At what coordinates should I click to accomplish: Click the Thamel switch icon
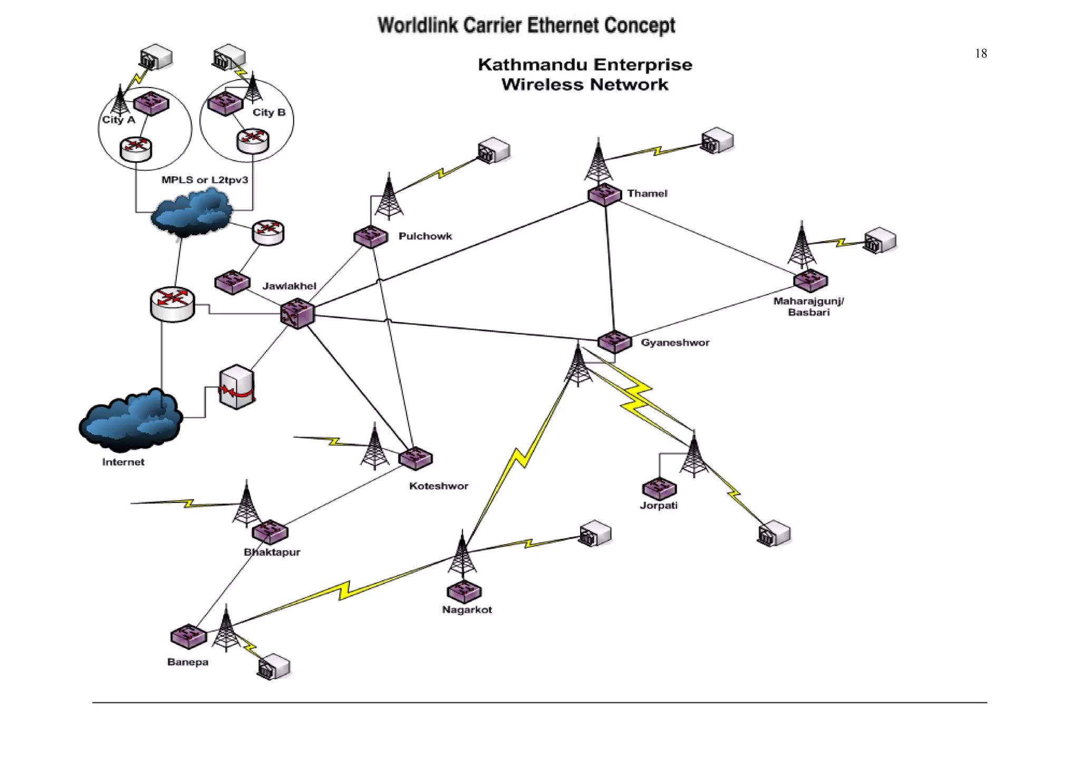(604, 195)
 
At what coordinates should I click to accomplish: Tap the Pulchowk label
(425, 236)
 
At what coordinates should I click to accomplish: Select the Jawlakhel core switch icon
(297, 313)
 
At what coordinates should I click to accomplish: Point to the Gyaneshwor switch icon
(614, 342)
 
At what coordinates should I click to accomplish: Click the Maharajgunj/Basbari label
(808, 306)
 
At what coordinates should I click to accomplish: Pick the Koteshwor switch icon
(416, 458)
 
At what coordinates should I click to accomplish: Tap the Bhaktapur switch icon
(270, 532)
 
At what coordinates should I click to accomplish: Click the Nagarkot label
(467, 610)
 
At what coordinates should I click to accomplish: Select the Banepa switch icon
(188, 636)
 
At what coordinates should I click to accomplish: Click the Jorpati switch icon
(659, 489)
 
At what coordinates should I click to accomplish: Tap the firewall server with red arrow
(237, 387)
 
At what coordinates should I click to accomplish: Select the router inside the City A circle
(136, 149)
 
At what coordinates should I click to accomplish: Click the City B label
(269, 112)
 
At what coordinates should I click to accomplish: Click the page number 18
(981, 53)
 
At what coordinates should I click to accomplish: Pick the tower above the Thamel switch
(599, 160)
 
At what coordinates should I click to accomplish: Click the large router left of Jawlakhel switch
(172, 304)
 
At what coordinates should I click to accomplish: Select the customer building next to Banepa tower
(274, 667)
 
